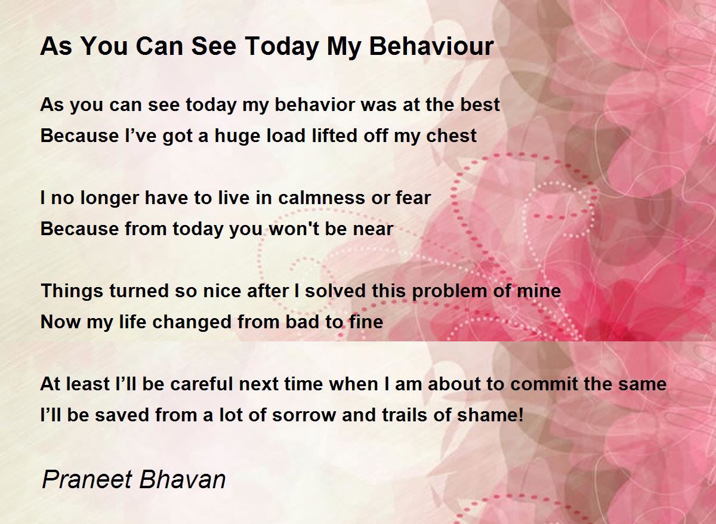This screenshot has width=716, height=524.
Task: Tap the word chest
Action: coord(451,136)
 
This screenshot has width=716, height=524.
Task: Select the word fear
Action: coord(413,198)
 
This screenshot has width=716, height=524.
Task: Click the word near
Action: coord(372,229)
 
